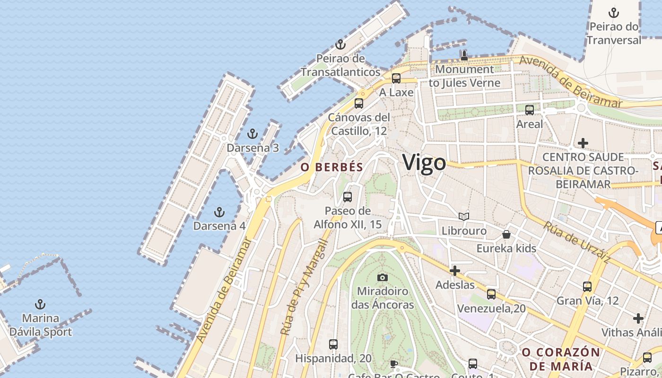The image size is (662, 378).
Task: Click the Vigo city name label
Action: (424, 163)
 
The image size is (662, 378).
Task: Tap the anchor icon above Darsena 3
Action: (253, 134)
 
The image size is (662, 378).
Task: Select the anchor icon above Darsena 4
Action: (219, 212)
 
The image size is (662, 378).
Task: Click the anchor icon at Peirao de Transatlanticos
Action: (340, 45)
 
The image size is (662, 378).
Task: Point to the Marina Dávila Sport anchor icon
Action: (41, 304)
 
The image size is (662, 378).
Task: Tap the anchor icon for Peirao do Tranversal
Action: (614, 13)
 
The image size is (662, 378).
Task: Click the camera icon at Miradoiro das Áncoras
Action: (383, 277)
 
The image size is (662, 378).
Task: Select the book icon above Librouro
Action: (464, 216)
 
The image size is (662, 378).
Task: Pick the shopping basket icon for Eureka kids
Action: (506, 234)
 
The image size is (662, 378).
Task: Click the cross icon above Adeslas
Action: (455, 271)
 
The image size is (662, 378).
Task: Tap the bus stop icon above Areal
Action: (530, 110)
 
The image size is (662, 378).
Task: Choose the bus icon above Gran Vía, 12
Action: (587, 286)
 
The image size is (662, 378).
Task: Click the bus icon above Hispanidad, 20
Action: (333, 344)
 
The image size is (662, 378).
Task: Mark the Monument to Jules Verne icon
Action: (464, 56)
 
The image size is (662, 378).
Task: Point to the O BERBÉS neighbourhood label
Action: (332, 167)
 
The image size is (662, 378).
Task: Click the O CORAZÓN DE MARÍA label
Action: (560, 359)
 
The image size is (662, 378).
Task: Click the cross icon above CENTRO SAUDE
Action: (583, 143)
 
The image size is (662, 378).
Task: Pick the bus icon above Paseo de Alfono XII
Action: (348, 197)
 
